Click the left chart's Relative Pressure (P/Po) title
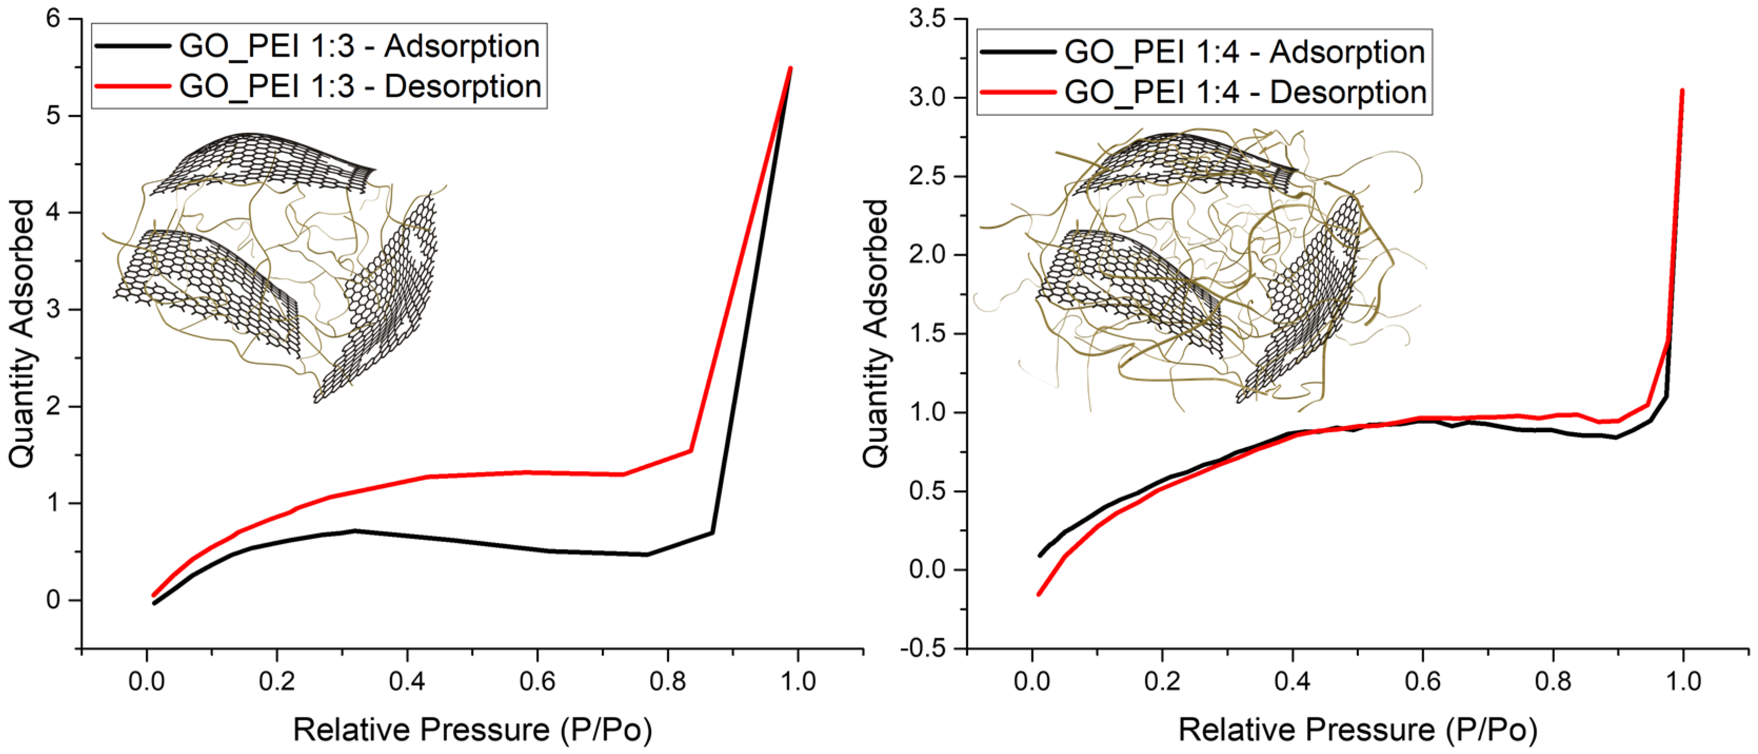tap(472, 730)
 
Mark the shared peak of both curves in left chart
tap(790, 68)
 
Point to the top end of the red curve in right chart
tap(1682, 91)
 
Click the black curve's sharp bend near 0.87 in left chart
tap(712, 532)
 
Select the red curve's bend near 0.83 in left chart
tap(691, 450)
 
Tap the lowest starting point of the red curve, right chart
tap(1039, 594)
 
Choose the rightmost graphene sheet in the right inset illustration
tap(1300, 300)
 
